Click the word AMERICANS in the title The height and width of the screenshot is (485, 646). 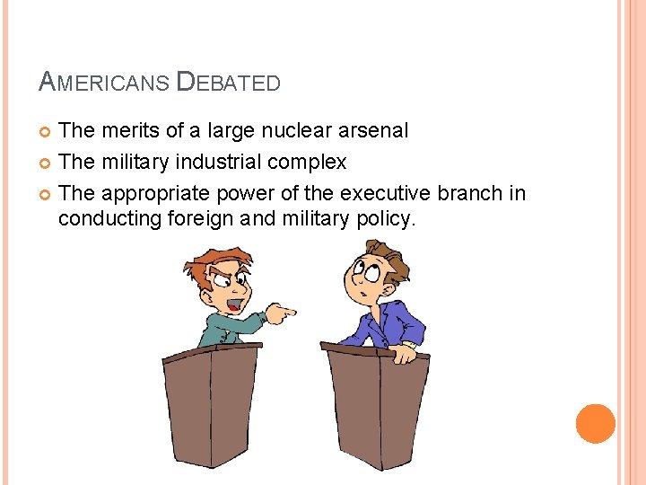tap(104, 84)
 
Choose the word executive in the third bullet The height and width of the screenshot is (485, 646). tap(374, 193)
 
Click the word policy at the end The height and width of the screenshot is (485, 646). tap(387, 217)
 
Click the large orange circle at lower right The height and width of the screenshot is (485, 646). tap(595, 424)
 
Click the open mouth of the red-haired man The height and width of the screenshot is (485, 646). tap(232, 306)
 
